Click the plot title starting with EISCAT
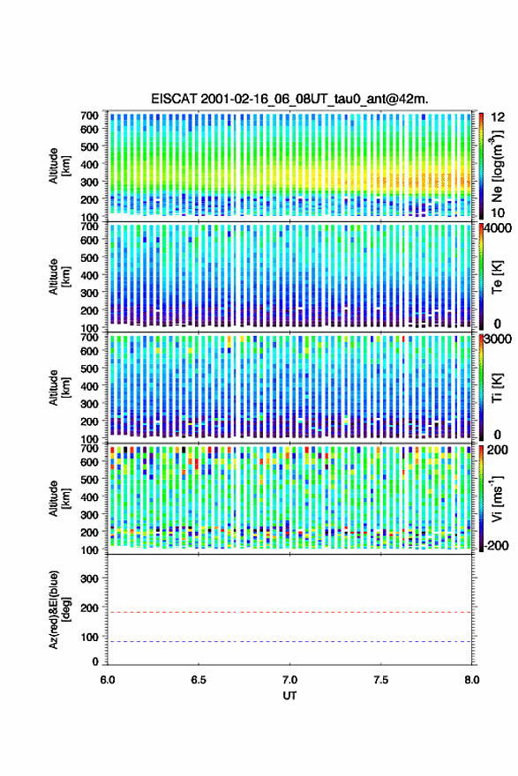point(289,99)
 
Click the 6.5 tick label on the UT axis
point(199,680)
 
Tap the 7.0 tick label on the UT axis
point(289,680)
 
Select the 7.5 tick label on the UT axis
point(381,680)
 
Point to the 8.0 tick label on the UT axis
point(472,680)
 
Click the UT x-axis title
point(289,696)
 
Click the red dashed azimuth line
point(289,612)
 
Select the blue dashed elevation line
point(289,641)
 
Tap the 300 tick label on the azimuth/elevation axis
point(90,578)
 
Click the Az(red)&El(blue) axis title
point(58,609)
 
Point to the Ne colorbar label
point(497,167)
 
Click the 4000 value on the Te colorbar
point(499,228)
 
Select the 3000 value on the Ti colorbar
point(499,339)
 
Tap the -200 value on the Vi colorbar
point(497,545)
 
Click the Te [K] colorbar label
point(497,277)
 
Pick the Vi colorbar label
point(497,498)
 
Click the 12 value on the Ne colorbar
point(499,117)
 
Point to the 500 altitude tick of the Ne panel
point(90,146)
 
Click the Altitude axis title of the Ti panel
point(59,388)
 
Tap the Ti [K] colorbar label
point(497,387)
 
